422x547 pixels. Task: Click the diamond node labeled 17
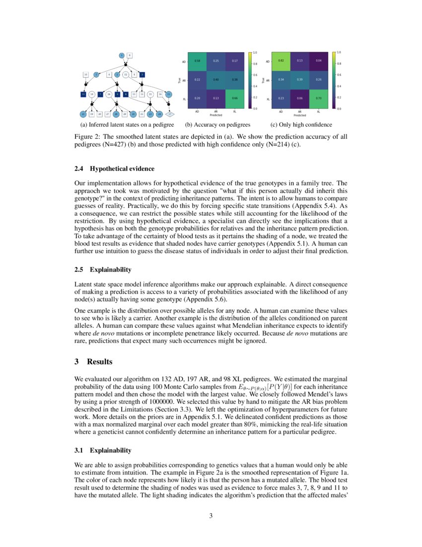169,114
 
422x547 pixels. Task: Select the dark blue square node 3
142,75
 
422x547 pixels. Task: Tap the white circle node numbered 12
126,75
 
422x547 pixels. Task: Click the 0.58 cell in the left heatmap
197,61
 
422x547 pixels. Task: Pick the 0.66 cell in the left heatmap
234,98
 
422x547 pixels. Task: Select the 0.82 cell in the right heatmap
281,61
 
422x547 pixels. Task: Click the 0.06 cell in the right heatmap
299,98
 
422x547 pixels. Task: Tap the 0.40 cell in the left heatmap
216,80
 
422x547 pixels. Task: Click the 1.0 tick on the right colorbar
339,52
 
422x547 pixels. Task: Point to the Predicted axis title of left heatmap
216,115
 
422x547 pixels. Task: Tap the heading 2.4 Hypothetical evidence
114,169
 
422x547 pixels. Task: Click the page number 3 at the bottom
211,516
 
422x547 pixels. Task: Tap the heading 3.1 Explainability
103,450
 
